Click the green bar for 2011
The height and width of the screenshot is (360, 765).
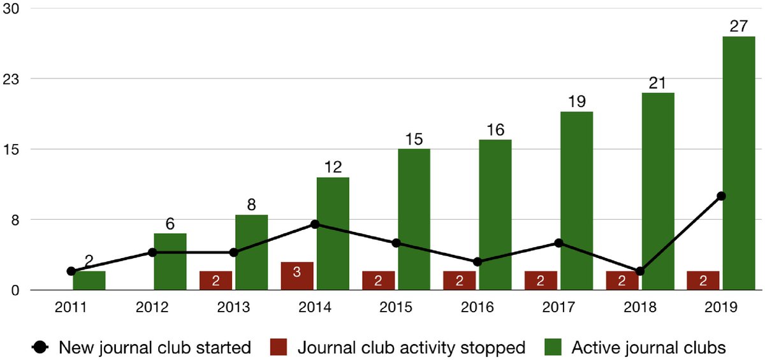pyautogui.click(x=89, y=280)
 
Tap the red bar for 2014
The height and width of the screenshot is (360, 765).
pyautogui.click(x=297, y=276)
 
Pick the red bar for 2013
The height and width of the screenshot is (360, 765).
pyautogui.click(x=215, y=280)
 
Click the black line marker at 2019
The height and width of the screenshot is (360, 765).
pyautogui.click(x=721, y=196)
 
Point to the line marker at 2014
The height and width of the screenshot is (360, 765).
pyautogui.click(x=315, y=224)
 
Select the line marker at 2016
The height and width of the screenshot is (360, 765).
pyautogui.click(x=477, y=262)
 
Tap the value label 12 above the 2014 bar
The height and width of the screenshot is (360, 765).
pyautogui.click(x=332, y=168)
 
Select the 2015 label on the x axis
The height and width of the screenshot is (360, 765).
pyautogui.click(x=396, y=306)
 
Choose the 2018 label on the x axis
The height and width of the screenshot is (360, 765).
pyautogui.click(x=640, y=306)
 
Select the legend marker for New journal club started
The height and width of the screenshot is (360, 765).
pyautogui.click(x=40, y=347)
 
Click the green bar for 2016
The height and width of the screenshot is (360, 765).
pyautogui.click(x=495, y=215)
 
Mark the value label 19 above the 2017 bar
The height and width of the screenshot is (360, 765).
pyautogui.click(x=576, y=102)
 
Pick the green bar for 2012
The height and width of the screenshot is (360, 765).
pyautogui.click(x=170, y=262)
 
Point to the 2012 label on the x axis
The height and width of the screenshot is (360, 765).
pyautogui.click(x=152, y=306)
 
